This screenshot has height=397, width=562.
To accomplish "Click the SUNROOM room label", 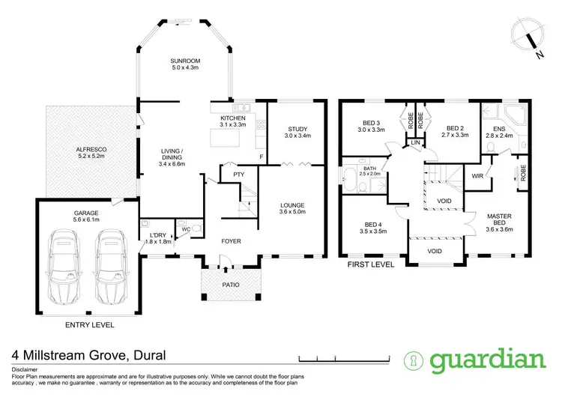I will (183, 61).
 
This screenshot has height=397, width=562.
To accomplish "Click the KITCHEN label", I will (233, 119).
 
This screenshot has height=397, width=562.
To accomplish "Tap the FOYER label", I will (231, 242).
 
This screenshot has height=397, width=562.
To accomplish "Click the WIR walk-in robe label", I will (477, 177).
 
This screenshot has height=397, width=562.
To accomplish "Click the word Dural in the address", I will (147, 355).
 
